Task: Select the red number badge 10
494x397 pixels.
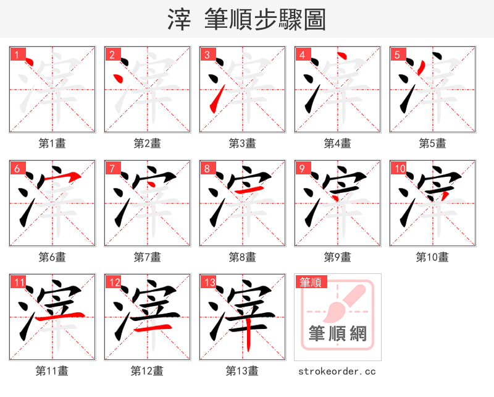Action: click(400, 169)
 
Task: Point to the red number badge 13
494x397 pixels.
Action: click(210, 283)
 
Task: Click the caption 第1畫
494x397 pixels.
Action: click(52, 143)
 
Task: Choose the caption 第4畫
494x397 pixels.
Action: click(338, 143)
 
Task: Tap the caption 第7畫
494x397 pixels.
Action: click(148, 257)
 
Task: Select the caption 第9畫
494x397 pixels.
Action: click(338, 257)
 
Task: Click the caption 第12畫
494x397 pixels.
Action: click(148, 371)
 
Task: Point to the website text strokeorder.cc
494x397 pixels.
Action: click(337, 371)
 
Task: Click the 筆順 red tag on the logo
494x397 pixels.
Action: click(311, 283)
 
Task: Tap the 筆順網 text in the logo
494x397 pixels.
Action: click(338, 335)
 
